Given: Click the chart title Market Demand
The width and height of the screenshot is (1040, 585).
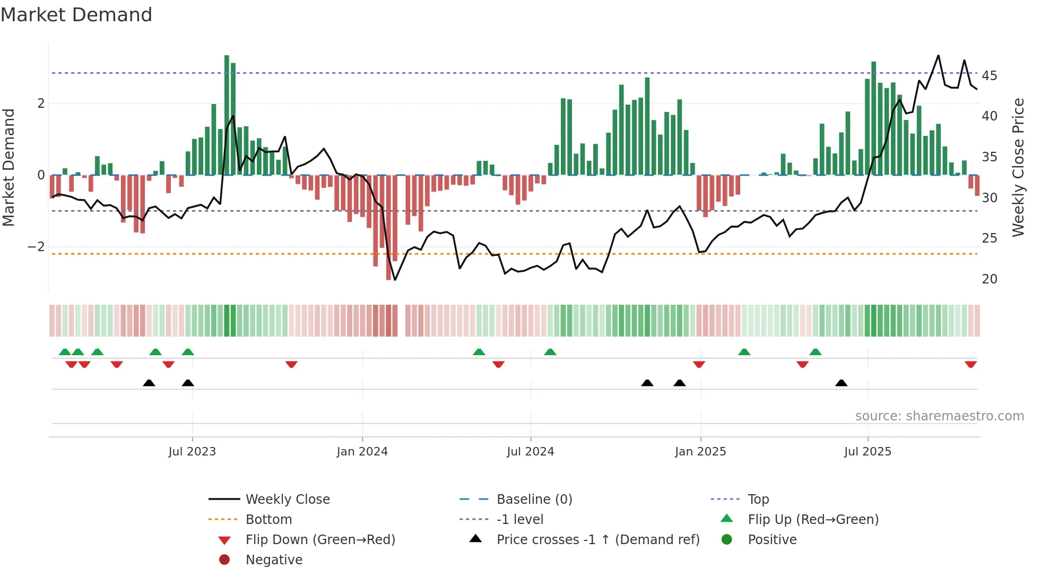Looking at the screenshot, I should [76, 15].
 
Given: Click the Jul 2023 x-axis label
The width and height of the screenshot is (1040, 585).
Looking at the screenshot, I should [192, 452].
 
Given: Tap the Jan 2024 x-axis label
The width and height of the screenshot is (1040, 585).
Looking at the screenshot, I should [362, 452].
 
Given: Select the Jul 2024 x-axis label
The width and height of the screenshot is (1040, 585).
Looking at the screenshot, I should [530, 452].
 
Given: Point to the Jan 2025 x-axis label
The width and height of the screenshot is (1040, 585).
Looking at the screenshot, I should [700, 452].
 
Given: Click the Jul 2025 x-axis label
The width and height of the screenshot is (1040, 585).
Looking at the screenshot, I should [868, 452].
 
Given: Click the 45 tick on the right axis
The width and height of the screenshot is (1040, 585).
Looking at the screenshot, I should [989, 75].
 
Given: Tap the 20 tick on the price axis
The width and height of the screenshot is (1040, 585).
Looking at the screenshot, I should [989, 279].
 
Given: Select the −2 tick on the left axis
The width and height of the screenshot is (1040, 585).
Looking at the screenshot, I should [36, 247].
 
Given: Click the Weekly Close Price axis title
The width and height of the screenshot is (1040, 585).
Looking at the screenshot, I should [1018, 167].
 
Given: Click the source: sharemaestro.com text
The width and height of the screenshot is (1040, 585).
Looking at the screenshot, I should [939, 416].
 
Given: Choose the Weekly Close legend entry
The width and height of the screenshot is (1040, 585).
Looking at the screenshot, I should [287, 500].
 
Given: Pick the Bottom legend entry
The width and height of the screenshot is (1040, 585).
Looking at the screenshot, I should [268, 520].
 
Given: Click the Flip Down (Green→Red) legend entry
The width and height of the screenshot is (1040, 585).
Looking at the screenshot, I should [320, 540].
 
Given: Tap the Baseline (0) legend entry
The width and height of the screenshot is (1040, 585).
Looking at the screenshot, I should [534, 500].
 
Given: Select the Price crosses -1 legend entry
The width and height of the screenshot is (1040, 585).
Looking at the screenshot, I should [597, 540].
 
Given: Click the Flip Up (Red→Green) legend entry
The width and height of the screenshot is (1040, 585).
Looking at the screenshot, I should [813, 520].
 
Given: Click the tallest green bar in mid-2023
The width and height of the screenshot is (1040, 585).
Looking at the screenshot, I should [227, 114].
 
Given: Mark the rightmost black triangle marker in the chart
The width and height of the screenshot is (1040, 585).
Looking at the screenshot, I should [841, 383].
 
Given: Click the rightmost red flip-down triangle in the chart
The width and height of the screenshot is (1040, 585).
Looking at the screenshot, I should [970, 364].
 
